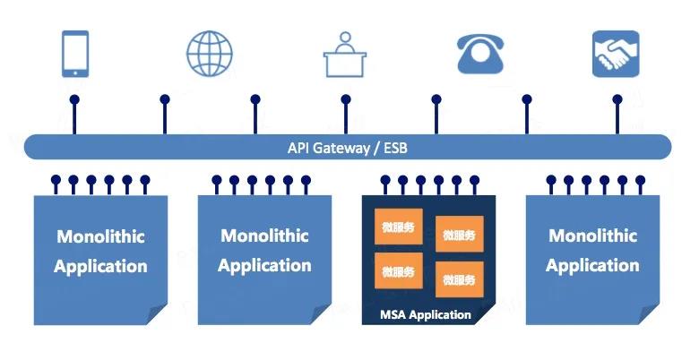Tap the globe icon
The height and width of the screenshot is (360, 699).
coord(209,53)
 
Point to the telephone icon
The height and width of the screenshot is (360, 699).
coord(482,54)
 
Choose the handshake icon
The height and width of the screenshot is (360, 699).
coord(616,54)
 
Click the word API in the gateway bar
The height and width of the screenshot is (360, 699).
coord(299,148)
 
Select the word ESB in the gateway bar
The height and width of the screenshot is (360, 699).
coord(394,148)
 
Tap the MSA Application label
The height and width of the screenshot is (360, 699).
coord(426,314)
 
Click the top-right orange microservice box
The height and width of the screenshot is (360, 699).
coord(459,235)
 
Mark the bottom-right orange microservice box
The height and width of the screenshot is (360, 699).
coord(459,279)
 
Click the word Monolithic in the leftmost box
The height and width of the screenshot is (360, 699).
coord(100,237)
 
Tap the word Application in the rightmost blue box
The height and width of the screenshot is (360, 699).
coord(592,265)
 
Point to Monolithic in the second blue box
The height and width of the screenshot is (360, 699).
coord(264,236)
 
